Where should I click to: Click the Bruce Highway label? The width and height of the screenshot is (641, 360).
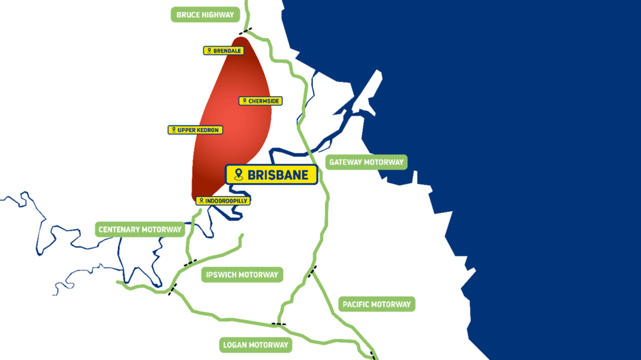205,15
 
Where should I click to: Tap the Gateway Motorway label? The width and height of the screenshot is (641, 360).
366,162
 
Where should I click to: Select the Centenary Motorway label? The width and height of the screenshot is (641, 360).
140,229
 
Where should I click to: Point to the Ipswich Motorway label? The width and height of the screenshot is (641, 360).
242,275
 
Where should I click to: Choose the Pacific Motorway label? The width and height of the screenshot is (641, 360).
376,304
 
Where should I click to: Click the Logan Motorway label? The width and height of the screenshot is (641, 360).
255,345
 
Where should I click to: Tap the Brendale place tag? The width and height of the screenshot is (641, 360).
224,51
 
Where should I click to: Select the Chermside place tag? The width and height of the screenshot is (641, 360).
261,101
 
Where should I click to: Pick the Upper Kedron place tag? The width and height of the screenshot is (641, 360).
195,130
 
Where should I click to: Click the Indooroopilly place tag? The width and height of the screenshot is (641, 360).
222,200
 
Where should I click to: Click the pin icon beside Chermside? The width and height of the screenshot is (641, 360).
244,101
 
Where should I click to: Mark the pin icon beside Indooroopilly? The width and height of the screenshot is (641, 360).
201,200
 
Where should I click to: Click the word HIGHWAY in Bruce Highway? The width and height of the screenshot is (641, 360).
219,15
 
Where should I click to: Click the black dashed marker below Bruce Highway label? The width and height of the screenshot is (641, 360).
245,31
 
